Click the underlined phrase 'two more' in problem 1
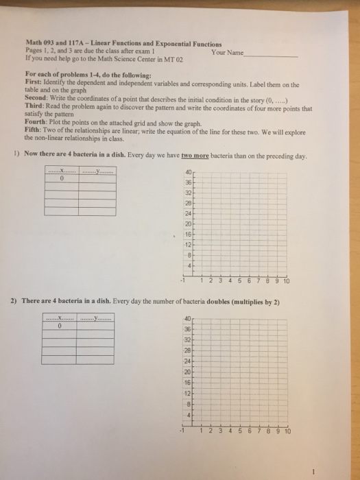coord(195,156)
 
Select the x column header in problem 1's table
coord(61,171)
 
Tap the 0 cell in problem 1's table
coord(61,180)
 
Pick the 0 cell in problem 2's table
coord(60,326)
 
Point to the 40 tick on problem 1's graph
coord(187,171)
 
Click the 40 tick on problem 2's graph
coord(187,318)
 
